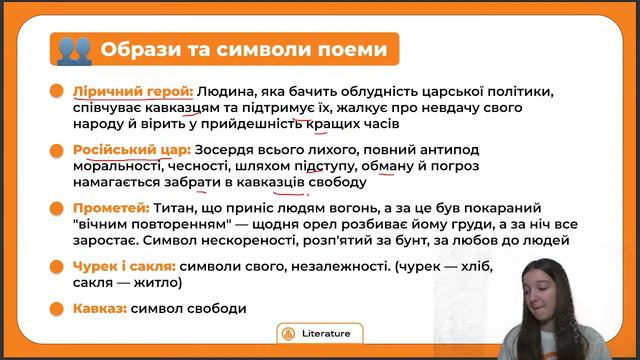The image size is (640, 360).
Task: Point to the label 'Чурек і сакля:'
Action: click(124, 266)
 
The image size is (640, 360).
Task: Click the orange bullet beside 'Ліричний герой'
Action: click(56, 91)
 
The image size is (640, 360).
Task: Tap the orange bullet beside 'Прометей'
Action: click(56, 209)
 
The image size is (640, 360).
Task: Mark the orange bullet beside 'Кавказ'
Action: click(56, 308)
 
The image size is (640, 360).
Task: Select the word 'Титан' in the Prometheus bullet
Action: click(177, 209)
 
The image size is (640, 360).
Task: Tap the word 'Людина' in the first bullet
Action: click(225, 91)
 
